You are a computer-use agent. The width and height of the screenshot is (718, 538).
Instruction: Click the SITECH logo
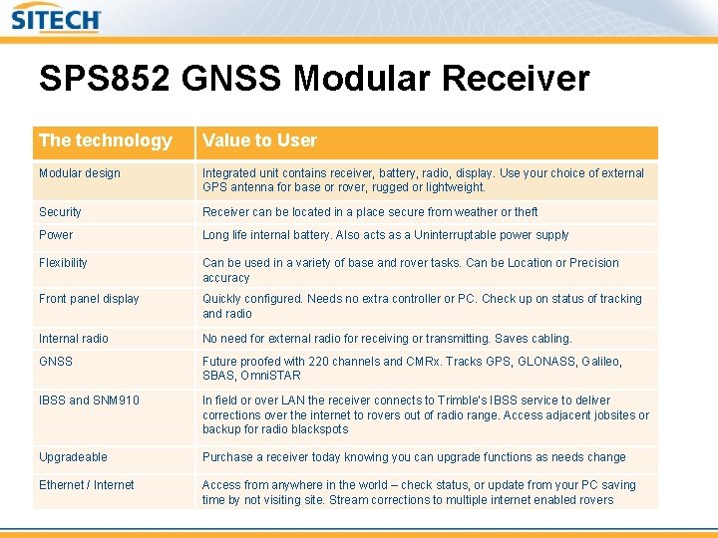point(57,19)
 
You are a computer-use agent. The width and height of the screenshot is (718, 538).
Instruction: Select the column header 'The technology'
point(106,140)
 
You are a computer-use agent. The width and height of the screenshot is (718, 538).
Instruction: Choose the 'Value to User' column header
point(259,140)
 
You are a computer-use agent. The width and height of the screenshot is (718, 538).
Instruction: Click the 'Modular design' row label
point(80,173)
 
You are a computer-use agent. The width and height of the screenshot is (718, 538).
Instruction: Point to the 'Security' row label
point(60,212)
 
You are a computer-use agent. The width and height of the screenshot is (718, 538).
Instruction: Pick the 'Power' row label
point(56,235)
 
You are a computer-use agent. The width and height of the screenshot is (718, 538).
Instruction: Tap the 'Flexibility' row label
point(63,263)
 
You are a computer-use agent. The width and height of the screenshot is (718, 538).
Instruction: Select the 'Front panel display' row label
point(89,299)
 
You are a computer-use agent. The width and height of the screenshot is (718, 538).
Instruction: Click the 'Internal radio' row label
point(74,339)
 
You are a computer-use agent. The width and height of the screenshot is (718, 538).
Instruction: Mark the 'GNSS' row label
point(56,362)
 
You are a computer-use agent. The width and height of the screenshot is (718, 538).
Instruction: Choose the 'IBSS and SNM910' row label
point(89,401)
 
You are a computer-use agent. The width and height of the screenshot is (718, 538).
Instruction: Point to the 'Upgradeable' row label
point(73,457)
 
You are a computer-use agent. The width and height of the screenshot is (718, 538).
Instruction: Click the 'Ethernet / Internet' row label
point(86,485)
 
